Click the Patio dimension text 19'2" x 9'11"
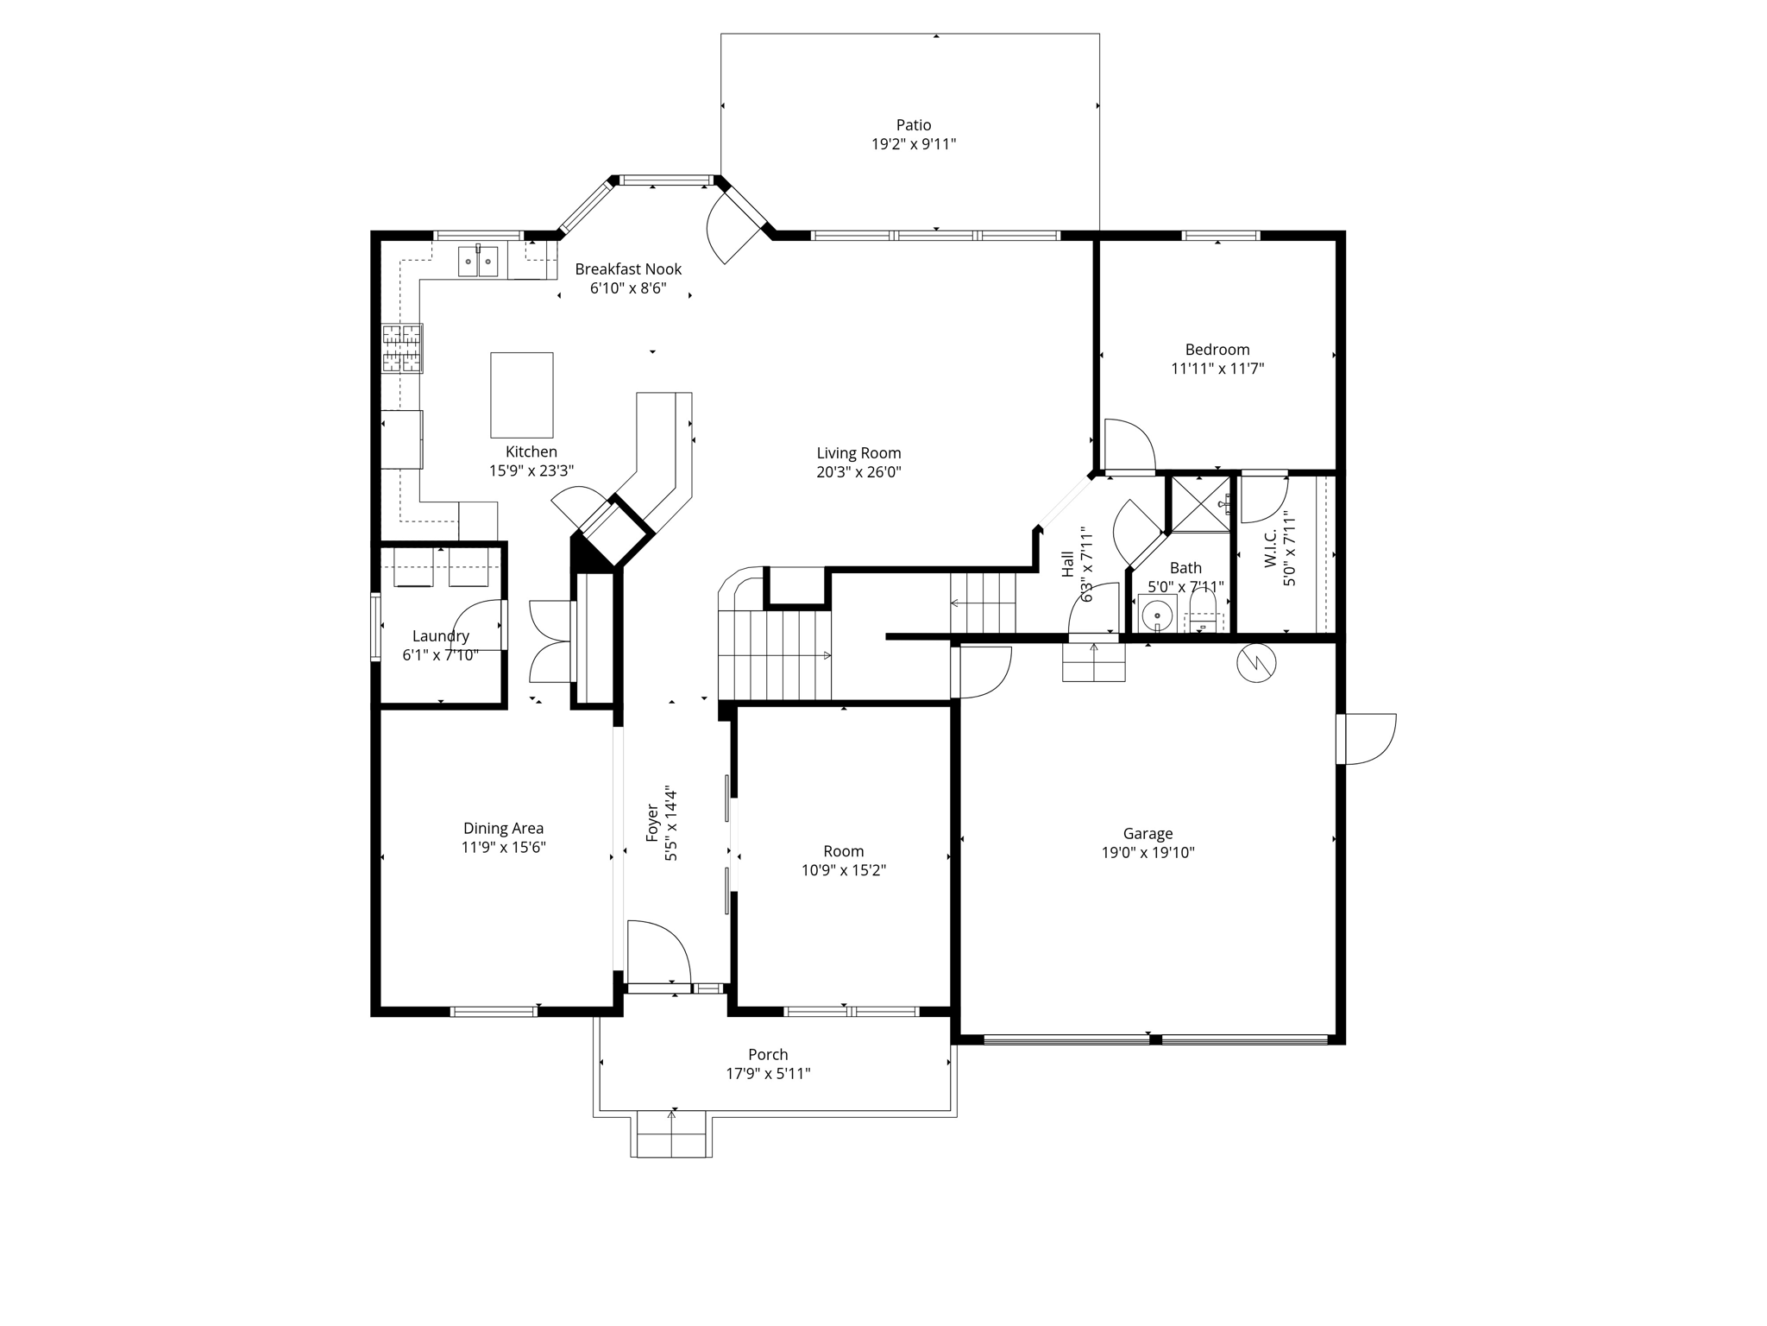click(x=913, y=144)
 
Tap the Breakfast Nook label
click(x=628, y=269)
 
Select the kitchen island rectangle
click(x=521, y=395)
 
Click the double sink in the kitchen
click(x=477, y=260)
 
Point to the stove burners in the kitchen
click(x=402, y=348)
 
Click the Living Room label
click(x=858, y=453)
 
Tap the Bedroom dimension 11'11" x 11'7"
click(x=1217, y=369)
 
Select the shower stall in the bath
click(x=1198, y=504)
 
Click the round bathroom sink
click(x=1156, y=614)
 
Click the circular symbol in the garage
click(x=1255, y=663)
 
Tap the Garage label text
click(x=1148, y=834)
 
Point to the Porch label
click(x=768, y=1055)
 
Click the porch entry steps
click(x=673, y=1135)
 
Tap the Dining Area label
click(x=503, y=829)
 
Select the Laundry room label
click(x=440, y=636)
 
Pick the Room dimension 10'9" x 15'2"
click(x=843, y=870)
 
